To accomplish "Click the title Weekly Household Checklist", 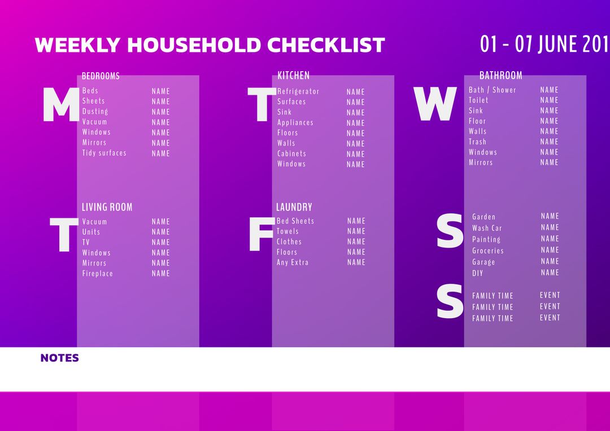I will coord(210,45).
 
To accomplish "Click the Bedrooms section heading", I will coord(101,76).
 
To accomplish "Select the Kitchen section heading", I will coord(293,75).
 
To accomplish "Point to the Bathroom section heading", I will coord(500,75).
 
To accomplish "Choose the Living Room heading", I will coord(107,207).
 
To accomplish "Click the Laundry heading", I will coord(294,207).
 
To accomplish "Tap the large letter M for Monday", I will coord(61,106).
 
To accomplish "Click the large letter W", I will coord(434,105).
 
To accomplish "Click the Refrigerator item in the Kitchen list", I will coord(298,91).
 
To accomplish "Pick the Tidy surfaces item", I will coord(104,153).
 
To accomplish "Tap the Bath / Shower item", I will coord(492,90).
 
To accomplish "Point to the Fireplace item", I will coord(98,274).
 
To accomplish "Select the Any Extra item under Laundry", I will coord(293,262).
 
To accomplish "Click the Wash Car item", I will coord(487,228).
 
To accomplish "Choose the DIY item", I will coord(478,273).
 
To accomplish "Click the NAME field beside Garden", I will coord(550,216).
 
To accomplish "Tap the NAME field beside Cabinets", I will coord(356,154).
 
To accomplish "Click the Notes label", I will coord(60,358).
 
